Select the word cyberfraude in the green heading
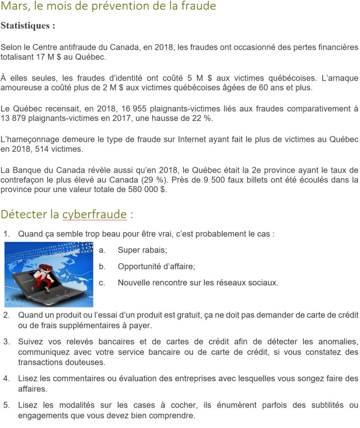point(94,214)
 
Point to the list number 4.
point(6,378)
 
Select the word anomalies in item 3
point(335,342)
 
